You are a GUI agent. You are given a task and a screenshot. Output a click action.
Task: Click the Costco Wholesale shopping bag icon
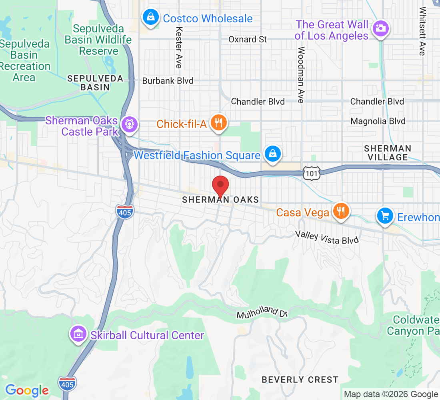click(x=150, y=18)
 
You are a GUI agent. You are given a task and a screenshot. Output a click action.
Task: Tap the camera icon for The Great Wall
click(x=380, y=28)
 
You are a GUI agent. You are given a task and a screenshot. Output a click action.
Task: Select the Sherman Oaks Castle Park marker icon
click(x=130, y=124)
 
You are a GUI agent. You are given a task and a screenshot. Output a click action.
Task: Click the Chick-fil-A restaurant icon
click(x=218, y=122)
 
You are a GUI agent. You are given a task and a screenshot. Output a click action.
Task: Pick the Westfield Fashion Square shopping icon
click(x=272, y=154)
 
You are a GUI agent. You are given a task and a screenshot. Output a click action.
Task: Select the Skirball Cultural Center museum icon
click(x=79, y=334)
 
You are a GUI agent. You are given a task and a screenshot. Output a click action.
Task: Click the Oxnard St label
click(x=248, y=39)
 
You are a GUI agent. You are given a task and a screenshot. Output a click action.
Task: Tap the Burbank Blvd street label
click(x=168, y=81)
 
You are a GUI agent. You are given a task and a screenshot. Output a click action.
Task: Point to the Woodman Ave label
click(x=301, y=75)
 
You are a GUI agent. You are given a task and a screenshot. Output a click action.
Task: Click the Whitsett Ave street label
click(x=422, y=31)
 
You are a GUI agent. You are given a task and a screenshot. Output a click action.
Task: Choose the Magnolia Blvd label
click(x=378, y=121)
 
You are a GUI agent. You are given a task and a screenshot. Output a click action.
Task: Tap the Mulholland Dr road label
click(x=262, y=313)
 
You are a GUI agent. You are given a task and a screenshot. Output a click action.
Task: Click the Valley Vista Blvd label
click(x=327, y=237)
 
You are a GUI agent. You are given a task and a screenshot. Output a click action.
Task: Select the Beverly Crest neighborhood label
click(x=300, y=379)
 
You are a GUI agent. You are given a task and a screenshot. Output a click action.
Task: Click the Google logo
click(x=27, y=390)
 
